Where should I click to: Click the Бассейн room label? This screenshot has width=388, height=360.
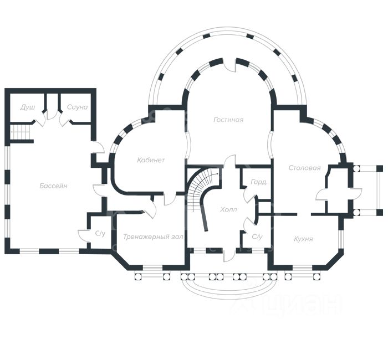(53, 186)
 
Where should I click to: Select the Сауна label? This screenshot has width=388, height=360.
(77, 107)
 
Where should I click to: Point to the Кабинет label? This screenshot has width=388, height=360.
(151, 160)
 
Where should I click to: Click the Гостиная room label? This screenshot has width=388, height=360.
(228, 120)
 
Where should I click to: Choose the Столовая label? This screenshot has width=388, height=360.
(304, 167)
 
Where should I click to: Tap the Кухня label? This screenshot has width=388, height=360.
(304, 239)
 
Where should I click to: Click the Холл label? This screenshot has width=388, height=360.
(228, 210)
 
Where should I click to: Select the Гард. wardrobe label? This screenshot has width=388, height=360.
(259, 182)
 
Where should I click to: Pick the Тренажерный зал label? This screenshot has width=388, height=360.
(153, 236)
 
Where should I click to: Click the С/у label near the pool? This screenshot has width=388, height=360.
(100, 234)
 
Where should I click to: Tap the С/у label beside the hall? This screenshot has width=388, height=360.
(257, 236)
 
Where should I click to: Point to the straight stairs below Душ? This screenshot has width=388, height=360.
(21, 132)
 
